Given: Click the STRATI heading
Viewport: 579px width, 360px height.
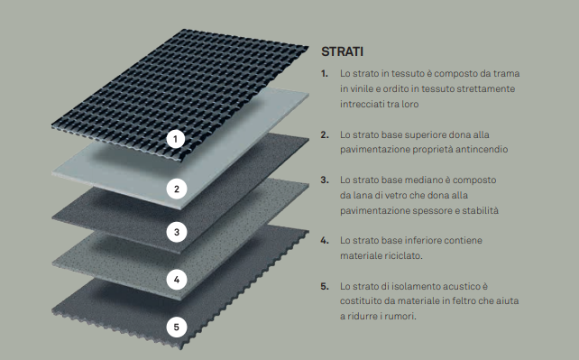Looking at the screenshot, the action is pyautogui.click(x=343, y=51).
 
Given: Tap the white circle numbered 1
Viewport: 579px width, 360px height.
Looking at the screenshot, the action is pyautogui.click(x=176, y=139).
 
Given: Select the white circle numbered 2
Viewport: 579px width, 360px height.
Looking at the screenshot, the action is pyautogui.click(x=176, y=189).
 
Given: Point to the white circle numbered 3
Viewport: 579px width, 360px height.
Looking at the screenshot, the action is pyautogui.click(x=177, y=232).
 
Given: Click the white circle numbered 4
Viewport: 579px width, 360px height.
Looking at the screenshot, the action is pyautogui.click(x=177, y=280).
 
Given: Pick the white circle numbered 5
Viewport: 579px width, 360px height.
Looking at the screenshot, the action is pyautogui.click(x=176, y=328).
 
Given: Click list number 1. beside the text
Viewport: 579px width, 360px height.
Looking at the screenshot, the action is pyautogui.click(x=325, y=74).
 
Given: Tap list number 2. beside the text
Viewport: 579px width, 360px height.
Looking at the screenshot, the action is pyautogui.click(x=325, y=134).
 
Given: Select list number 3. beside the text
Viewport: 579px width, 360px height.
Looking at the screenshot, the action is pyautogui.click(x=325, y=180).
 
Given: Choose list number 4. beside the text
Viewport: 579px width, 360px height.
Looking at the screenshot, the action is pyautogui.click(x=325, y=240).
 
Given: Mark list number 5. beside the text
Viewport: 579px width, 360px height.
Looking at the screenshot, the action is pyautogui.click(x=325, y=286).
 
